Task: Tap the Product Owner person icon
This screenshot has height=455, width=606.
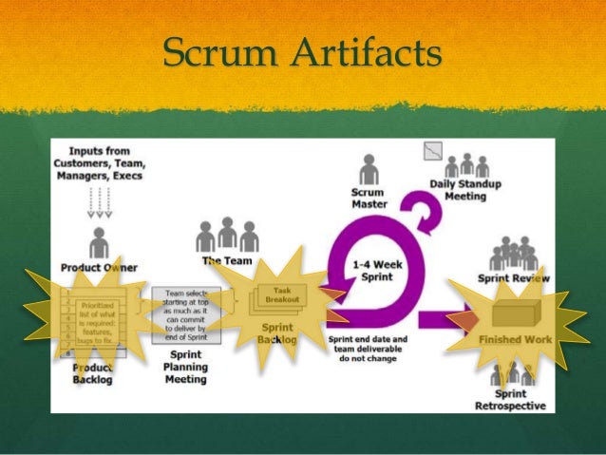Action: pyautogui.click(x=100, y=241)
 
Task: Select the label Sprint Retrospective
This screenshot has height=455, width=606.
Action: pyautogui.click(x=510, y=400)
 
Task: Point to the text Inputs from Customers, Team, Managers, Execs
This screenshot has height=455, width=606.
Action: pyautogui.click(x=100, y=162)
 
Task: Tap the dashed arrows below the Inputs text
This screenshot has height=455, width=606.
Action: pyautogui.click(x=99, y=200)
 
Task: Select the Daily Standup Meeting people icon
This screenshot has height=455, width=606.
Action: pyautogui.click(x=467, y=164)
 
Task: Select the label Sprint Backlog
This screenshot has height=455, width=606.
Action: pyautogui.click(x=277, y=333)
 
